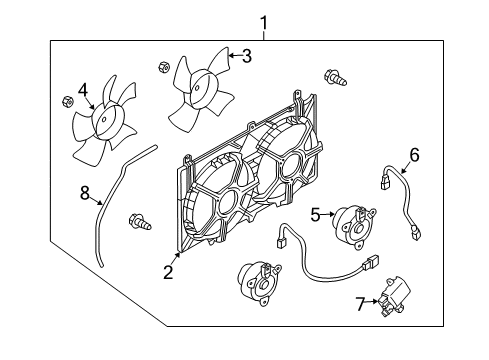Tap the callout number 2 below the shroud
click(x=168, y=271)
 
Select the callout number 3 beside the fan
click(x=246, y=55)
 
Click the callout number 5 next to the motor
click(x=315, y=213)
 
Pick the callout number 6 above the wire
click(x=413, y=154)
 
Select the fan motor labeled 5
click(x=352, y=226)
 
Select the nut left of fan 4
click(x=66, y=101)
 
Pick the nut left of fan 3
click(x=165, y=68)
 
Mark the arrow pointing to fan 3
click(x=231, y=55)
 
